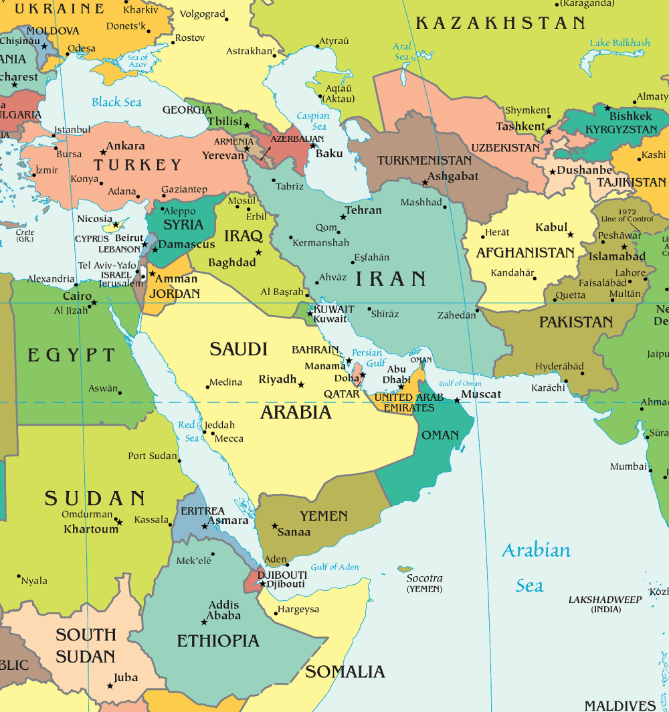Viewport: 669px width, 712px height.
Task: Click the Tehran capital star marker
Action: point(344,217)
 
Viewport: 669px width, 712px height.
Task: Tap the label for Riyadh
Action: point(278,379)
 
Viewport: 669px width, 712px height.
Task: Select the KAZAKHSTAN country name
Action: point(500,23)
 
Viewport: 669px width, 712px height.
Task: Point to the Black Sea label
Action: point(117,102)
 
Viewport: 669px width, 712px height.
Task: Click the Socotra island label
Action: point(424,578)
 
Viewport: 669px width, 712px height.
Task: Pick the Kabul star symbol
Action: point(570,234)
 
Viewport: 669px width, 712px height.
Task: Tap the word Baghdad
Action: point(232,262)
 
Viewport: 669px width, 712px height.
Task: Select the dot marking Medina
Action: point(208,386)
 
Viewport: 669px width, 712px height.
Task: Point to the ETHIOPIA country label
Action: point(217,641)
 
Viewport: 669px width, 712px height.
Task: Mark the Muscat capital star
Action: point(457,400)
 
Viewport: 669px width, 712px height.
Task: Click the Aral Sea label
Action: point(402,52)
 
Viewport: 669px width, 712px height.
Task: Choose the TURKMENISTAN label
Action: point(424,161)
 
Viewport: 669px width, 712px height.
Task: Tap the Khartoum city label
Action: point(91,529)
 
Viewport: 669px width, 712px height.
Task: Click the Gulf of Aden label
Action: point(334,567)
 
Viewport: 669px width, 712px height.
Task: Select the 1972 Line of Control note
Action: point(627,215)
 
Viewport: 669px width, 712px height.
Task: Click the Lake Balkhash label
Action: point(619,43)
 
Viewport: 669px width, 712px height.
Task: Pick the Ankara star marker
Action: point(103,152)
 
